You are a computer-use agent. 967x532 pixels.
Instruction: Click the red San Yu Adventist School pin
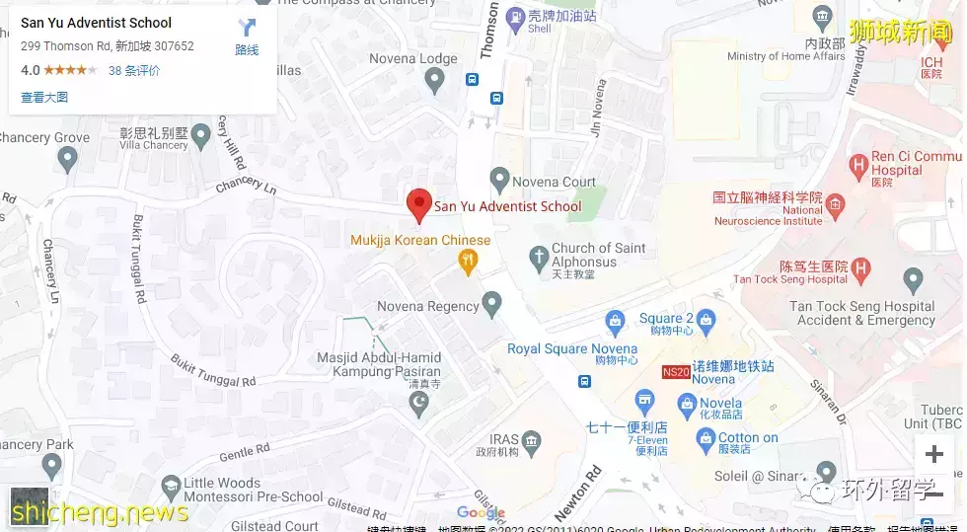coord(419,203)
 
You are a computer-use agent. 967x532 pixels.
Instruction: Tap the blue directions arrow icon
coord(247,30)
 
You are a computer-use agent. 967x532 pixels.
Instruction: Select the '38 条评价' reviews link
coord(134,71)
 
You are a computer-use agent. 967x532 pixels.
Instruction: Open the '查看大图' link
coord(44,97)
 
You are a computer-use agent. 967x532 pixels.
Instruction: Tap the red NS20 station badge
coord(676,372)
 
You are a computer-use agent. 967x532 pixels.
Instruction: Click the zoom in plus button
coord(932,455)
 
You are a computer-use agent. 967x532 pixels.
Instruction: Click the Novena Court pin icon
coord(499,181)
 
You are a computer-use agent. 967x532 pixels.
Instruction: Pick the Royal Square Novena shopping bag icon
coord(615,320)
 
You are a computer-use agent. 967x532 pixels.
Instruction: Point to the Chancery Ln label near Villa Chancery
coord(240,183)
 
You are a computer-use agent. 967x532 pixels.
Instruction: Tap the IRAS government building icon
coord(533,439)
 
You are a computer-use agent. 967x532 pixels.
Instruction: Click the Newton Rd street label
coord(577,493)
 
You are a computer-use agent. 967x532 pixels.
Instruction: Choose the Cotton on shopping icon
coord(705,439)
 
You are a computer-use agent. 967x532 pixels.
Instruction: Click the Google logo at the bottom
coord(481,513)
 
